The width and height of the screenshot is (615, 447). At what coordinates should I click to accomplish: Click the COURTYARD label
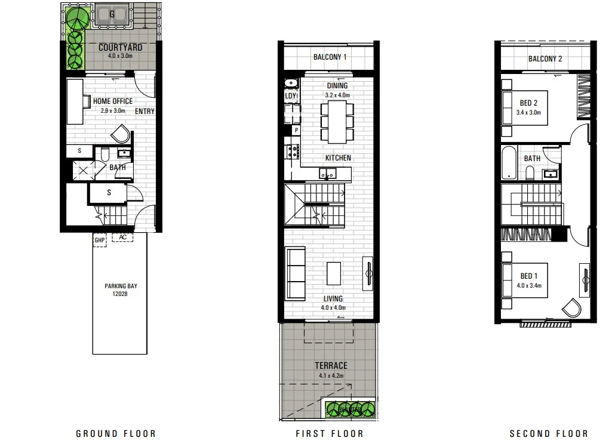120,48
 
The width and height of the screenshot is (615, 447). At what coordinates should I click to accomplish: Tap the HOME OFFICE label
112,101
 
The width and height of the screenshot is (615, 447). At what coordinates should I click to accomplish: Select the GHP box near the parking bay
99,240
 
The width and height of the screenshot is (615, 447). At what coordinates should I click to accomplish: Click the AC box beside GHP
123,237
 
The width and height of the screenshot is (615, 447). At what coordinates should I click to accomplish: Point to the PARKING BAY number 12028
119,294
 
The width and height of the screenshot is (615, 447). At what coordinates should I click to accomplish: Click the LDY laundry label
291,96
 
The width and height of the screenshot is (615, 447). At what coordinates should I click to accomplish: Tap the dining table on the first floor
337,122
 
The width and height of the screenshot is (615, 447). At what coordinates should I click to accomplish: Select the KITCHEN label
337,158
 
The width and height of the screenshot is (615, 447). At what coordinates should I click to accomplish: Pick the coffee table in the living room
334,273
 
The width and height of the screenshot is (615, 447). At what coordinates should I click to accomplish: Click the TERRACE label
331,365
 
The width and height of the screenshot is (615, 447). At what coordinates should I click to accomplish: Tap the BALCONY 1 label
330,57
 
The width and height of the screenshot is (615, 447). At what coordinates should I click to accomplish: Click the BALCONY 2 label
545,58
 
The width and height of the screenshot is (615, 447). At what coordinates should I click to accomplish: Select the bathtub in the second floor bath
509,162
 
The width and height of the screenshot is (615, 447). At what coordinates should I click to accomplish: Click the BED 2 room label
528,103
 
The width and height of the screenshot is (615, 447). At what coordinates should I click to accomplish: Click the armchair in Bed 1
571,307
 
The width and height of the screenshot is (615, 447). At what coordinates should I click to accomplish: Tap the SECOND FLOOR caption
548,434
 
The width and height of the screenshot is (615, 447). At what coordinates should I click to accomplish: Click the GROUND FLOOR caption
115,434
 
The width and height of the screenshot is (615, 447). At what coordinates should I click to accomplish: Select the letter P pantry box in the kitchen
295,130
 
